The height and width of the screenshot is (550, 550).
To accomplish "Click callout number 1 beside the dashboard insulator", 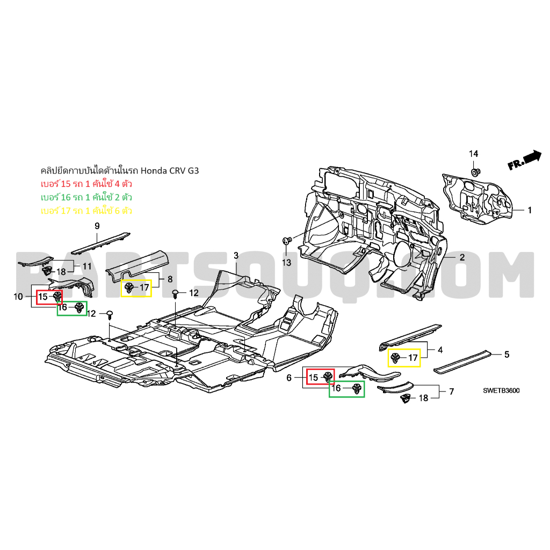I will (x=529, y=211).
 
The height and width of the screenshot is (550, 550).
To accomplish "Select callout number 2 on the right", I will (x=461, y=258).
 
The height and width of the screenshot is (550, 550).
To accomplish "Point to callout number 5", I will (x=506, y=355).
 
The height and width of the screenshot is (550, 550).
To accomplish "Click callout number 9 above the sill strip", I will (x=97, y=226).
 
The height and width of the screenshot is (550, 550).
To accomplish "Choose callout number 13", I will (x=286, y=263).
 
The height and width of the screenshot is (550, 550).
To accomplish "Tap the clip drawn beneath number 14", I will (x=475, y=172).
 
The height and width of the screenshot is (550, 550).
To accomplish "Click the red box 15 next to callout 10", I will (x=49, y=296).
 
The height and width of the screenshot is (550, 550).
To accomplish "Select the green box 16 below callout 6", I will (x=346, y=388).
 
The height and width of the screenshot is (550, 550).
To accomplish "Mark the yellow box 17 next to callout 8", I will (x=136, y=288).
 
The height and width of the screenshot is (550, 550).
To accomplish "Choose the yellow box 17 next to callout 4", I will (x=404, y=357).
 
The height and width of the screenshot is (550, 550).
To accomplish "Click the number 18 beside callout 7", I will (x=423, y=398).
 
